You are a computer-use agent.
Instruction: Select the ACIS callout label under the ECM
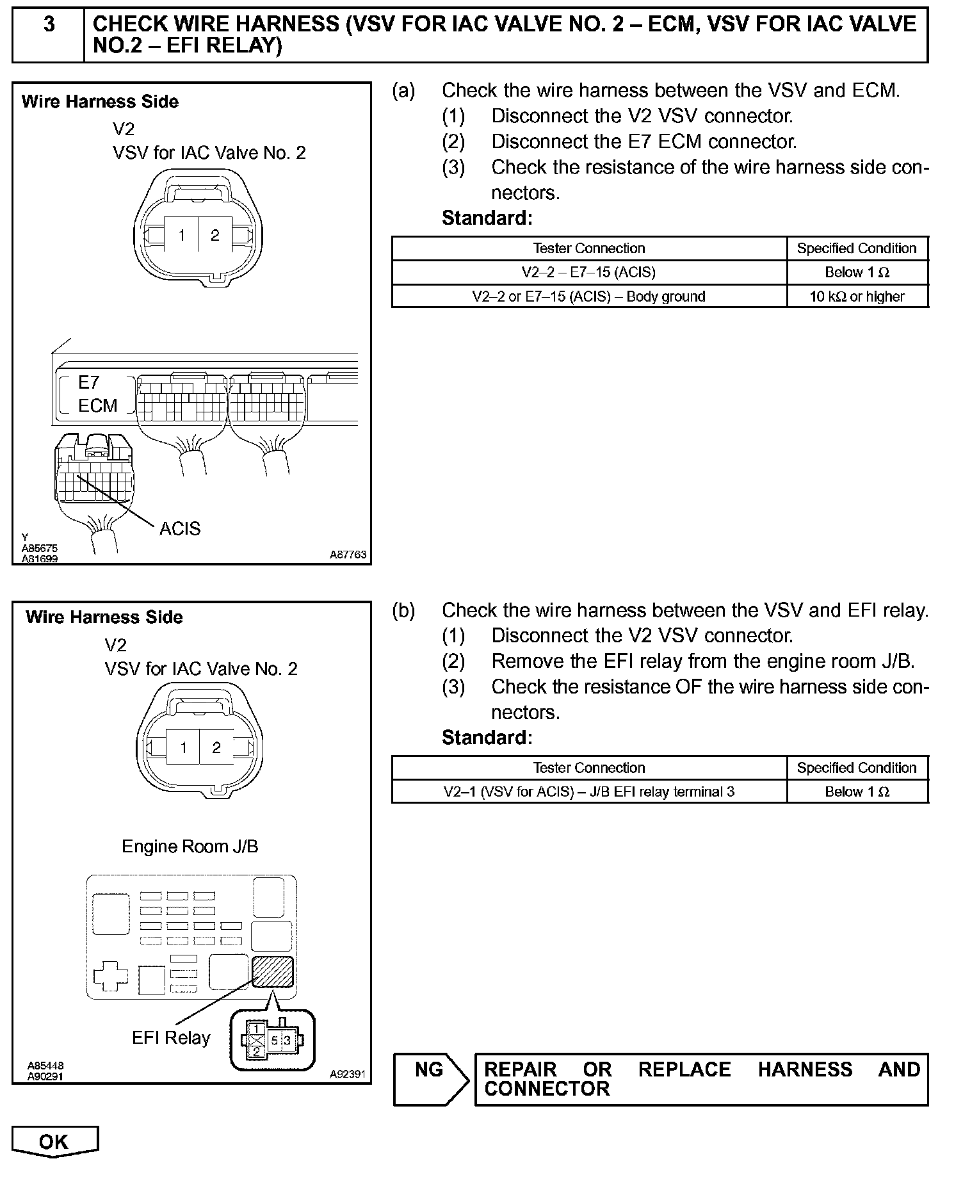[180, 528]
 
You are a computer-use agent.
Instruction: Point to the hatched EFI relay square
[273, 971]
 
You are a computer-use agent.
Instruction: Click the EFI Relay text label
[171, 1038]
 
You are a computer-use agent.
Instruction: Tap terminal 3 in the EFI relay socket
[287, 1041]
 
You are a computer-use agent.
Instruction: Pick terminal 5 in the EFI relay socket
[274, 1041]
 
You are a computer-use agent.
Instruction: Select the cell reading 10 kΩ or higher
[857, 296]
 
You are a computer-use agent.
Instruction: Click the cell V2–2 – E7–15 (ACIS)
[588, 272]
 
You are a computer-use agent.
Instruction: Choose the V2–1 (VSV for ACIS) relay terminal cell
[588, 792]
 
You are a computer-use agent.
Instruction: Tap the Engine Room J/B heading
[190, 847]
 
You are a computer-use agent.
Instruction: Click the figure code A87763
[348, 555]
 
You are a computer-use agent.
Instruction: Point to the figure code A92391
[348, 1075]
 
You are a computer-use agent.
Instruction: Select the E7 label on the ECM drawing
[89, 382]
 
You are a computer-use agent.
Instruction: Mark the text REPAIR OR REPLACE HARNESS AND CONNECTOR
[701, 1079]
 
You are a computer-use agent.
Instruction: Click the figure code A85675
[40, 549]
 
